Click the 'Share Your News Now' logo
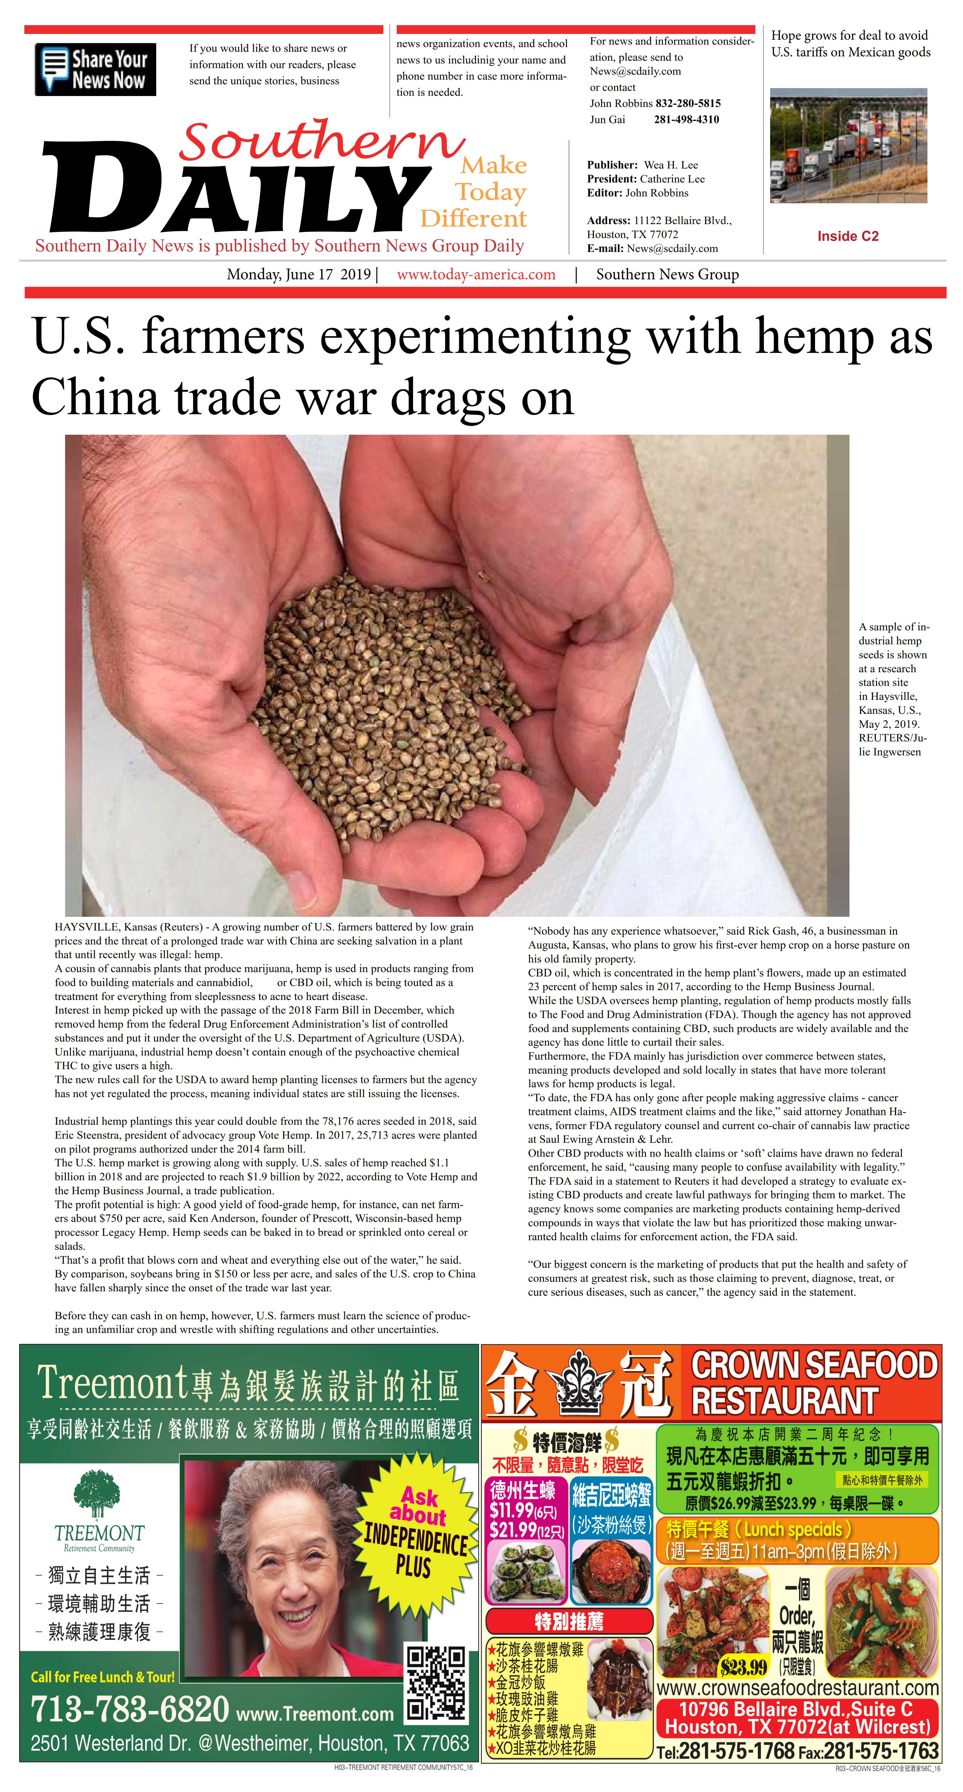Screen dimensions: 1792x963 [95, 69]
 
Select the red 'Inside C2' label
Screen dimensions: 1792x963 [848, 236]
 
